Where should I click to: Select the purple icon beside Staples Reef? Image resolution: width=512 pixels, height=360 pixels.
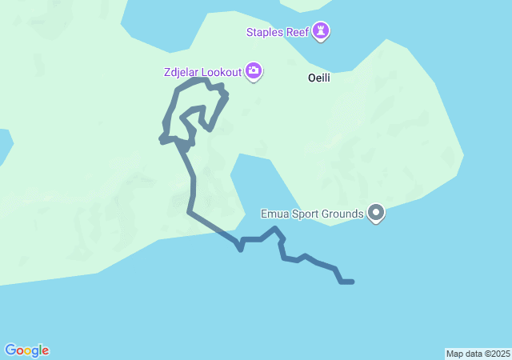point(322,31)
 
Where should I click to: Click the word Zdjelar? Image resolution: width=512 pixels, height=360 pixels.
point(182,72)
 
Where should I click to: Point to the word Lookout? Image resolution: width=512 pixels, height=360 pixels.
point(221,72)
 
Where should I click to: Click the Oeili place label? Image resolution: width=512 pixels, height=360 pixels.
point(319,78)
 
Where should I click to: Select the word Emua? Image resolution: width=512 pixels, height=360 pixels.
point(274,214)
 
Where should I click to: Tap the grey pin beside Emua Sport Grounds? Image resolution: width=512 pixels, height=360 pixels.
point(376,213)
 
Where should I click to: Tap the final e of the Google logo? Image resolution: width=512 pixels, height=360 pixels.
point(46,350)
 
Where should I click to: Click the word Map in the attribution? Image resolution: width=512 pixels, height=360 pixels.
point(454,354)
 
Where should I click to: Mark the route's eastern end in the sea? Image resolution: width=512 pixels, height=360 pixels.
point(352,282)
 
